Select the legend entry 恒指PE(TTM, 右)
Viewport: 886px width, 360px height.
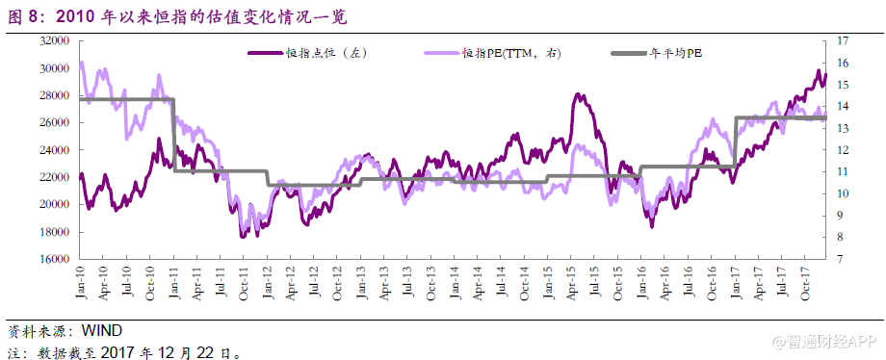510,53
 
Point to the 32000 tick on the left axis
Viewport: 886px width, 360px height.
54,41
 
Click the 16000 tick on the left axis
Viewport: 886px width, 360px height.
54,259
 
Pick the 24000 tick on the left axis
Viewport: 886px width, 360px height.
54,150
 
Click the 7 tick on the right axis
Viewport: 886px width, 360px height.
846,259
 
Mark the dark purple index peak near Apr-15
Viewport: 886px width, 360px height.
577,94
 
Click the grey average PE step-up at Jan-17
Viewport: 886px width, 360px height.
735,141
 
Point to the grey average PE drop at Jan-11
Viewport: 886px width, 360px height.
174,135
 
